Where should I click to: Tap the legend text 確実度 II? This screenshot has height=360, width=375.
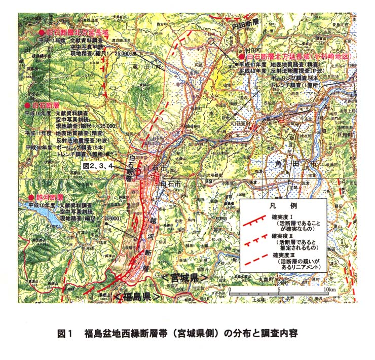[x=286, y=236]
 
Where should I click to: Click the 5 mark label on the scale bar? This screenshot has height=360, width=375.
[x=279, y=289]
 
